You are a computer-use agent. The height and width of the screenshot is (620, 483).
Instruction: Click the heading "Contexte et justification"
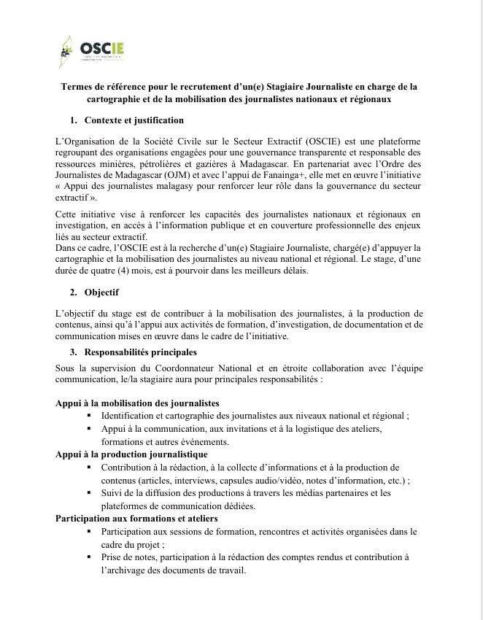(x=134, y=120)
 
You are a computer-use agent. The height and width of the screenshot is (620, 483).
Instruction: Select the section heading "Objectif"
(x=101, y=292)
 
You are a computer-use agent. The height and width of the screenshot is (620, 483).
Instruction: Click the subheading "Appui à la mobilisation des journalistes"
(x=137, y=403)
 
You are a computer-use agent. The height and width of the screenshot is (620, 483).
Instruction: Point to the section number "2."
(x=74, y=292)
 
